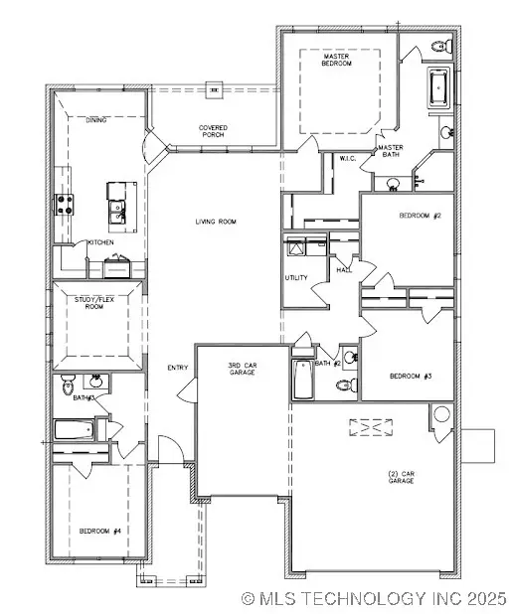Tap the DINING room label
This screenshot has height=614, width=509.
pyautogui.click(x=96, y=120)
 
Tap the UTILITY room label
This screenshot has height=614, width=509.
pyautogui.click(x=296, y=277)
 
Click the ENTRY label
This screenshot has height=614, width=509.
pyautogui.click(x=178, y=368)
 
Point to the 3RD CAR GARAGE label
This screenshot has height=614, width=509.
pyautogui.click(x=243, y=370)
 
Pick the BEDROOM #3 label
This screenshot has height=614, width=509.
pyautogui.click(x=410, y=376)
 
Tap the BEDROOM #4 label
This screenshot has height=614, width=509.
pyautogui.click(x=100, y=531)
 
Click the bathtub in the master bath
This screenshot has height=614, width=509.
pyautogui.click(x=438, y=87)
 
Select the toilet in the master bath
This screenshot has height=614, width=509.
pyautogui.click(x=443, y=46)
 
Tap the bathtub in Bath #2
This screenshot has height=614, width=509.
pyautogui.click(x=301, y=378)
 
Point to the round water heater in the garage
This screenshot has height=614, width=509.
pyautogui.click(x=440, y=415)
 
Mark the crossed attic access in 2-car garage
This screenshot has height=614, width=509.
pyautogui.click(x=370, y=426)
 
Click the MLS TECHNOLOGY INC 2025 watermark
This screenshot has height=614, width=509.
pyautogui.click(x=374, y=599)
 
